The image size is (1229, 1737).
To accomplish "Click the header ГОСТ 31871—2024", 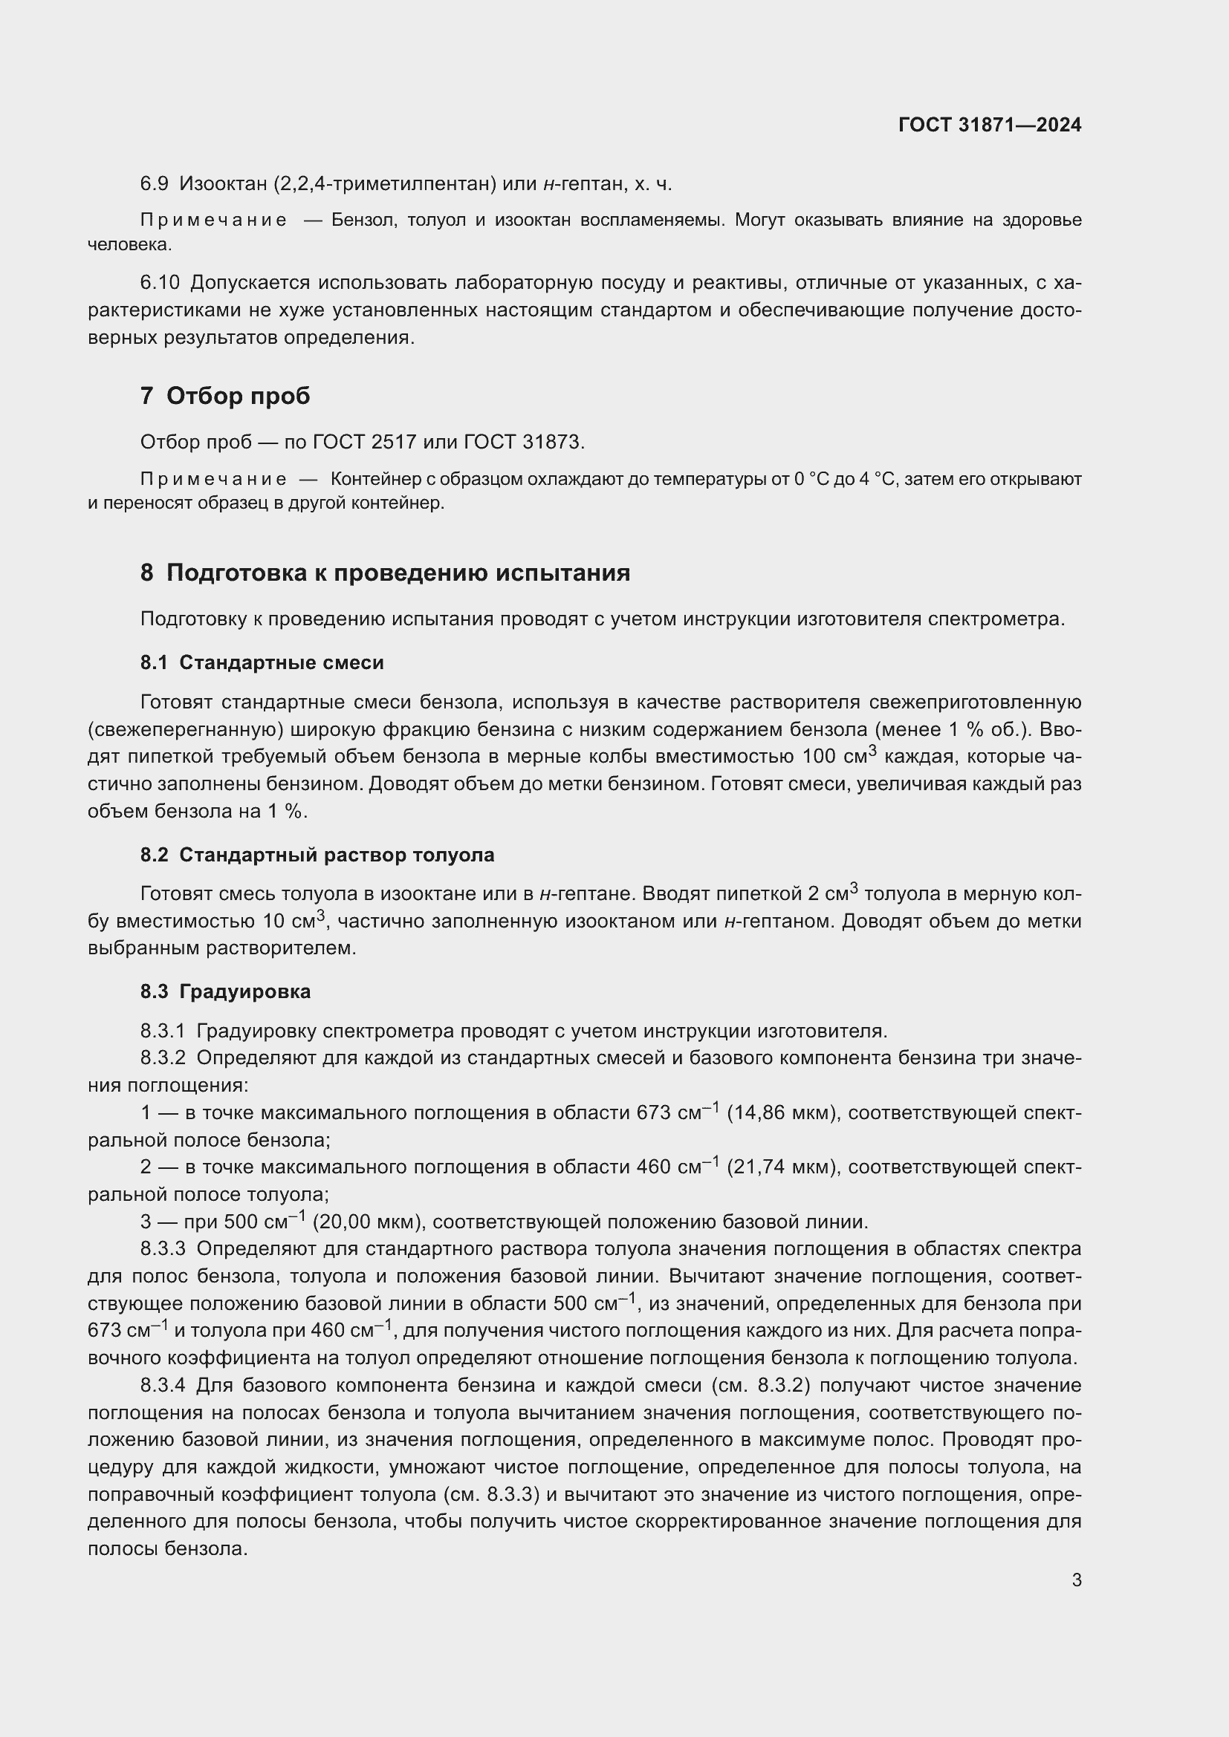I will coord(989,125).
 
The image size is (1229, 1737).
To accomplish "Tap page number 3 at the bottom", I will coord(1076,1580).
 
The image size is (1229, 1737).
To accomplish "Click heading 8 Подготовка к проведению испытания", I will coord(384,573).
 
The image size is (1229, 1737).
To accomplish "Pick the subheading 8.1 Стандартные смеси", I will coord(262,662).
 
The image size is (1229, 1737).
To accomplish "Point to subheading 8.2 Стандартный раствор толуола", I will coord(317,855).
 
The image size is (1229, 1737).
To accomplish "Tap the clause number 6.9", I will coord(154,184).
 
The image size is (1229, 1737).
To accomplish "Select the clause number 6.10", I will coord(160,283).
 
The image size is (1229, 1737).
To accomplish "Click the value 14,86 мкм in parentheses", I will coord(781,1113).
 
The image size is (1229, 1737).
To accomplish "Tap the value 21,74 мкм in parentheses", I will coord(781,1167).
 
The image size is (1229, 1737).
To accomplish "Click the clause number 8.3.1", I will coord(162,1032).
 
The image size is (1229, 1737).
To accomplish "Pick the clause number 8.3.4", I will coord(162,1385).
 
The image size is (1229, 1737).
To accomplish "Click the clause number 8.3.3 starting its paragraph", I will coord(162,1249).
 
